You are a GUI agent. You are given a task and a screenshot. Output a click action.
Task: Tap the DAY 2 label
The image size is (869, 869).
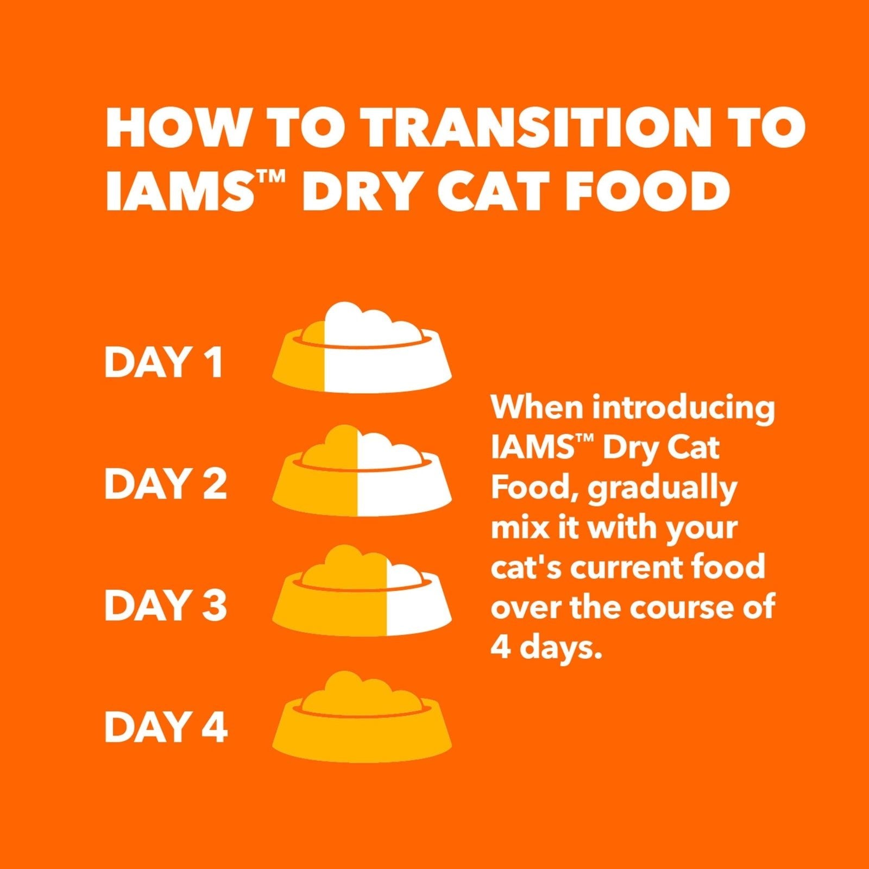pos(165,484)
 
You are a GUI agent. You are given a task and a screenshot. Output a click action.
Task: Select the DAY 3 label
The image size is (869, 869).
pos(165,605)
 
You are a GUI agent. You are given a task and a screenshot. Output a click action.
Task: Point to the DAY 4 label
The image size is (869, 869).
pos(166,727)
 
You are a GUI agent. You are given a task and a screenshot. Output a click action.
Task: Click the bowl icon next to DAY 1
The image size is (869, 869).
pos(362,350)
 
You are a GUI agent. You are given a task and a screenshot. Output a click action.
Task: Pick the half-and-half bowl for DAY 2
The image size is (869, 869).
pos(362,473)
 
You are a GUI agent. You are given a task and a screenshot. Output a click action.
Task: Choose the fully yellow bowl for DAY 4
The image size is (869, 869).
pos(362,717)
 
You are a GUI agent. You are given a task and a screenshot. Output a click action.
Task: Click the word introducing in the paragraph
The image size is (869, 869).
pos(683,408)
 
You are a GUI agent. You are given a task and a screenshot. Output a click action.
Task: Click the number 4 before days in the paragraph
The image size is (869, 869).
pos(500,647)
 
